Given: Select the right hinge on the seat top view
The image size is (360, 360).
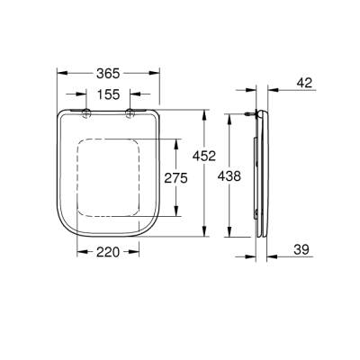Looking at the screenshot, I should click(x=130, y=112).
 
